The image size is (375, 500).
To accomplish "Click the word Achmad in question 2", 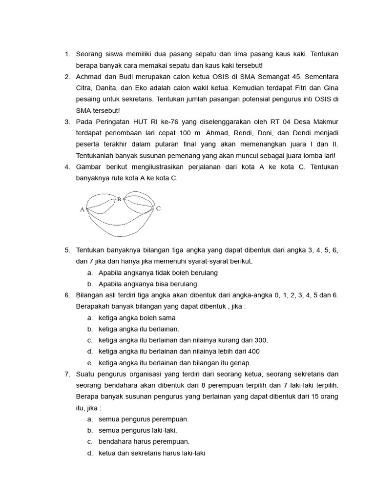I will (88, 77).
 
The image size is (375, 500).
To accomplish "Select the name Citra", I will (84, 88).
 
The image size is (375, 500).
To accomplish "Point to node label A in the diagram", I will (82, 209).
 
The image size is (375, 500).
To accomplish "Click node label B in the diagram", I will (119, 199).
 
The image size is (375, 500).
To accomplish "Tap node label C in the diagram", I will (158, 208).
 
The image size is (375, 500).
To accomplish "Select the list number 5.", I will (67, 250).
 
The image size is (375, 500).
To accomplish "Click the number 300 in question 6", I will (262, 340).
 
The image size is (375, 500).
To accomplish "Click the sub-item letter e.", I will (90, 363).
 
